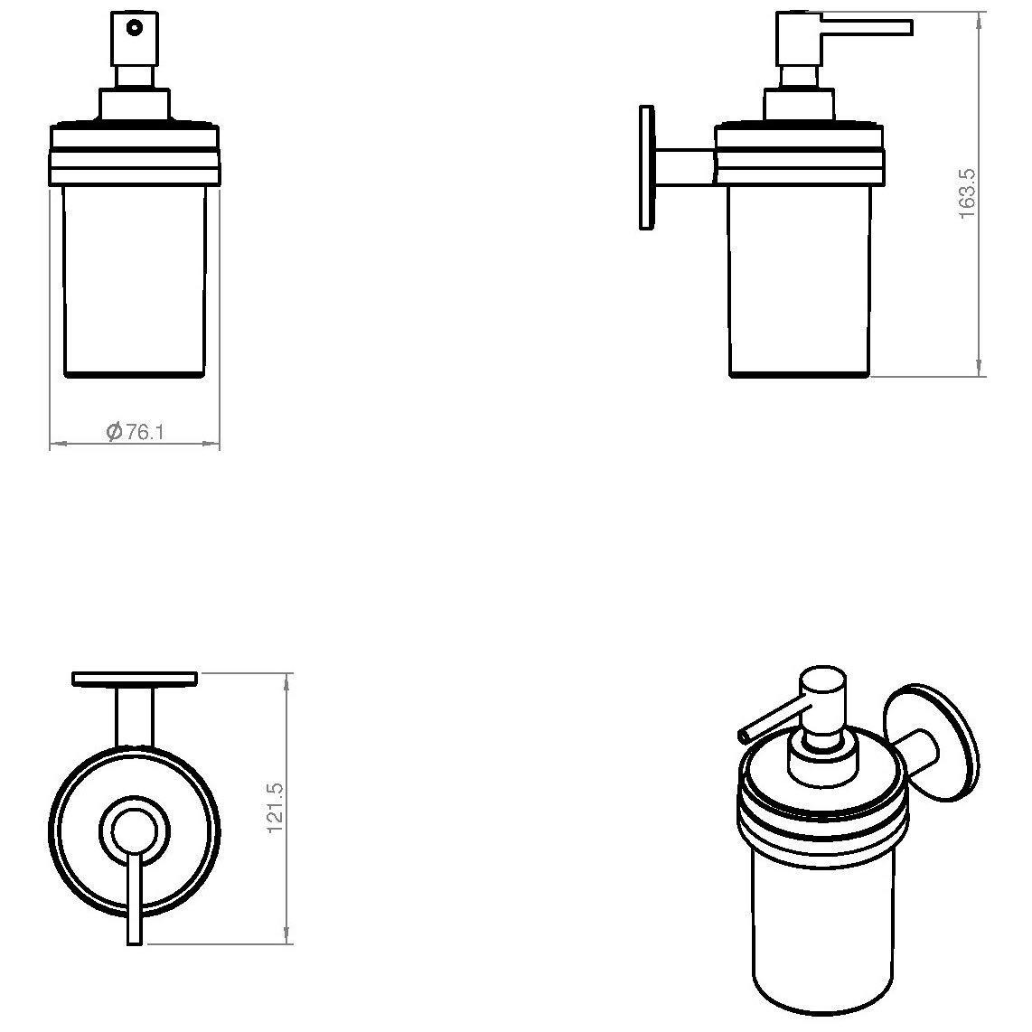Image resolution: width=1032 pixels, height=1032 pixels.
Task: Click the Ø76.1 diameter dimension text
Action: [135, 432]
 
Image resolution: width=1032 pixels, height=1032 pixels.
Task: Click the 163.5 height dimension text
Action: [967, 193]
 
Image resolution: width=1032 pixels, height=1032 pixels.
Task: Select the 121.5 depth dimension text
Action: [275, 808]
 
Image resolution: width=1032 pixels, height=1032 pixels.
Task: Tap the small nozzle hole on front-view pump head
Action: [135, 28]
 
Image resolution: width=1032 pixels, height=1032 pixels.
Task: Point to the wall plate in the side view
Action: [647, 168]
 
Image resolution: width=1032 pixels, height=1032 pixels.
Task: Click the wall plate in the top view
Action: [135, 680]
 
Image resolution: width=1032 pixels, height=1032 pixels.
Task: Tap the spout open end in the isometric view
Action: [744, 736]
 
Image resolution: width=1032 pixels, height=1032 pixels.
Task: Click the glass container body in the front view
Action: [135, 281]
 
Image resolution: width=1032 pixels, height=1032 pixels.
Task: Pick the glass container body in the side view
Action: [800, 281]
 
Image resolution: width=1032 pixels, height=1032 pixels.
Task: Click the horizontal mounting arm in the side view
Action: [684, 166]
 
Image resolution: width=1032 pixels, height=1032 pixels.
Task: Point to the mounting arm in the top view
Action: [135, 718]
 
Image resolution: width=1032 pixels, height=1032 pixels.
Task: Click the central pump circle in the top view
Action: [135, 830]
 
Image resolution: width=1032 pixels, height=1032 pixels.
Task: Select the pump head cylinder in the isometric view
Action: [822, 708]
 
